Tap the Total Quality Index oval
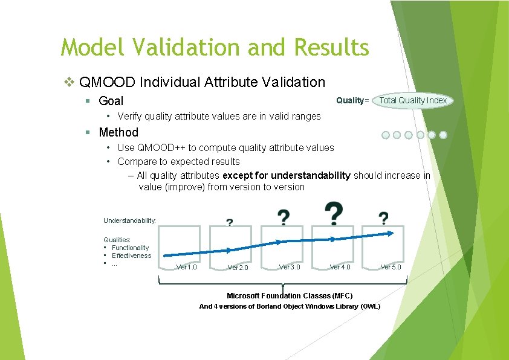click(x=413, y=100)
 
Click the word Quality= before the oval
click(x=352, y=100)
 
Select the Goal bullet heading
click(x=111, y=101)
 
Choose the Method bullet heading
click(x=118, y=132)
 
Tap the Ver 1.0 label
click(x=186, y=267)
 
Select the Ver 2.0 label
click(x=238, y=268)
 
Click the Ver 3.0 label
click(x=289, y=267)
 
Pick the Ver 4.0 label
click(x=340, y=267)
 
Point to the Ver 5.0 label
click(x=391, y=267)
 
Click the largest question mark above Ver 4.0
click(x=334, y=213)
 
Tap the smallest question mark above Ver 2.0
click(x=230, y=222)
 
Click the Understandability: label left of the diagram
click(x=129, y=221)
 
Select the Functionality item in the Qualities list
click(x=130, y=248)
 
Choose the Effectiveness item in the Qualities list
click(x=131, y=256)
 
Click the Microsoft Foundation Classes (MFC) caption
click(x=290, y=295)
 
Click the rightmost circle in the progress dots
click(x=443, y=135)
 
